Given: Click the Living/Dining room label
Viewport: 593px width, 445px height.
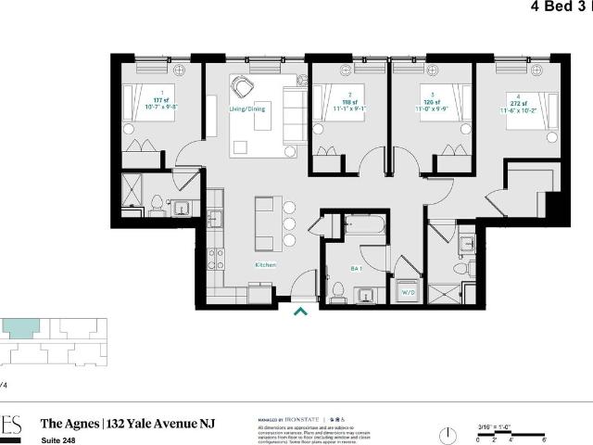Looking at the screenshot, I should coord(247,108).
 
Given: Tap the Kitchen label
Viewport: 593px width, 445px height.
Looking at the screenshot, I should coord(266,265).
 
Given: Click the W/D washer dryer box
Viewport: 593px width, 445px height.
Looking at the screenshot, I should coord(406,294).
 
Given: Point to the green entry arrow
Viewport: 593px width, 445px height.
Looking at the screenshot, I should coord(300,312).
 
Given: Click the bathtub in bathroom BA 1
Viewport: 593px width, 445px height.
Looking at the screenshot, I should coord(365,226).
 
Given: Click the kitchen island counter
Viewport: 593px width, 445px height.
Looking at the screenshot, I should coord(265,223).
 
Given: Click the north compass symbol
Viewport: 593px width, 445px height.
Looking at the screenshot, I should coord(448,433).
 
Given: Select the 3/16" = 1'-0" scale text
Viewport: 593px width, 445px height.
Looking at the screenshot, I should coord(495,426).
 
